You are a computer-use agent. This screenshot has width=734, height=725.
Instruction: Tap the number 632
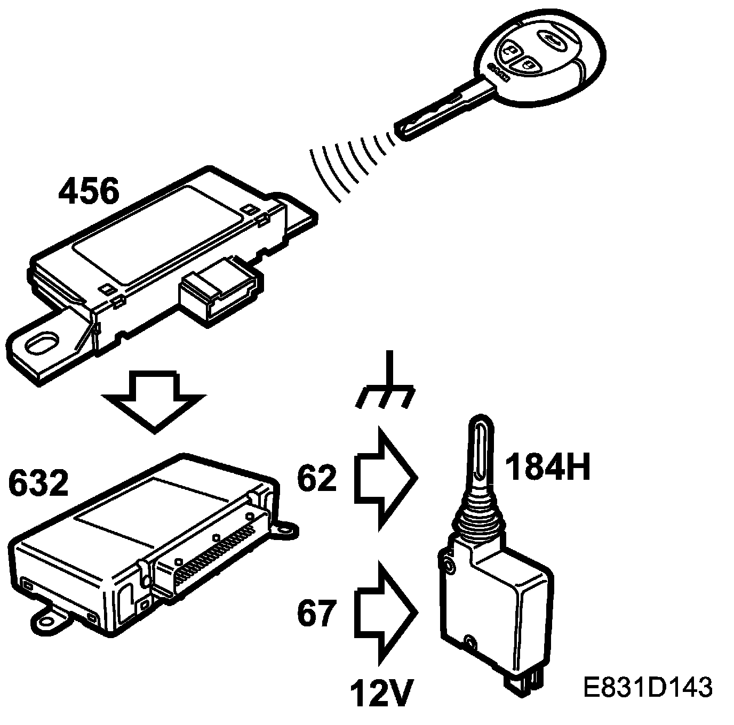coord(38,484)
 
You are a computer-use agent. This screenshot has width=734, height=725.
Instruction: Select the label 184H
coord(548,468)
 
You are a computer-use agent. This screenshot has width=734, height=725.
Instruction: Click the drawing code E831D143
coord(648,688)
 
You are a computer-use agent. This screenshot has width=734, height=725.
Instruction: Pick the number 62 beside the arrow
coord(317,479)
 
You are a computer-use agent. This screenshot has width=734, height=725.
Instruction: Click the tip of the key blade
coord(401,131)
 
